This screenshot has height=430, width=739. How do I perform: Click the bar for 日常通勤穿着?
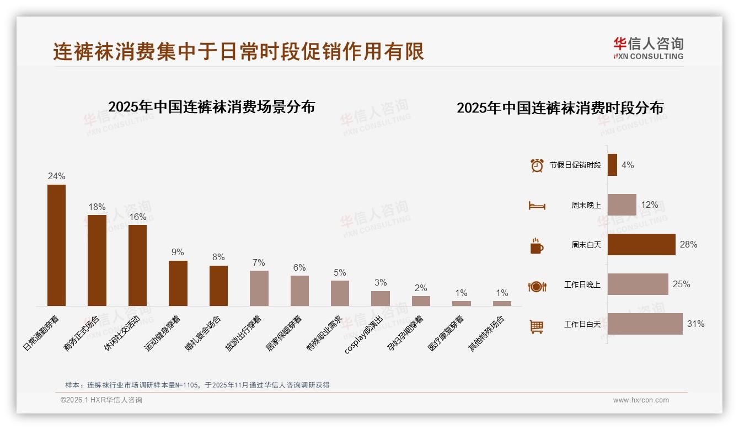(x=56, y=245)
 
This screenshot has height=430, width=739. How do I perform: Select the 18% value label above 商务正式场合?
(x=97, y=207)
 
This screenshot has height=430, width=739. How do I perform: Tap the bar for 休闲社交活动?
(x=137, y=265)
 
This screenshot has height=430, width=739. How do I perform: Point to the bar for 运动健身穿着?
(x=178, y=283)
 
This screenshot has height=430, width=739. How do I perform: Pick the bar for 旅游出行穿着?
(x=259, y=288)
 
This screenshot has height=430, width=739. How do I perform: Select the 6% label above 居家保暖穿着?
(x=299, y=267)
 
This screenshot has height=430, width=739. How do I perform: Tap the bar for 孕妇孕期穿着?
(x=421, y=301)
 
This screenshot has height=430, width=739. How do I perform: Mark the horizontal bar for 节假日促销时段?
(x=612, y=165)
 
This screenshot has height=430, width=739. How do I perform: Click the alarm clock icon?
(x=537, y=165)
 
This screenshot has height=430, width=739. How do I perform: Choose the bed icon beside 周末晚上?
(x=537, y=206)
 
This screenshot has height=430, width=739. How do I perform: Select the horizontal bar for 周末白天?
(x=641, y=245)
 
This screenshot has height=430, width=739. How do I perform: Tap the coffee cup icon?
(x=537, y=246)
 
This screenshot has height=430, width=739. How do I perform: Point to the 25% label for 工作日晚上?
(x=681, y=284)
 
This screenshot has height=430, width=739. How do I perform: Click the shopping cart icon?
(x=537, y=326)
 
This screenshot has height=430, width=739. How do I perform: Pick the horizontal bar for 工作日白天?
(x=645, y=324)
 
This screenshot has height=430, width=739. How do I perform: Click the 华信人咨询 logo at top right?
(x=649, y=49)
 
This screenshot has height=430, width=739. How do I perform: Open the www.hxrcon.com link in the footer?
(x=641, y=400)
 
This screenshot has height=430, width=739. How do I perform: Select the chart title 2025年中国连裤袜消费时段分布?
(x=560, y=108)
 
